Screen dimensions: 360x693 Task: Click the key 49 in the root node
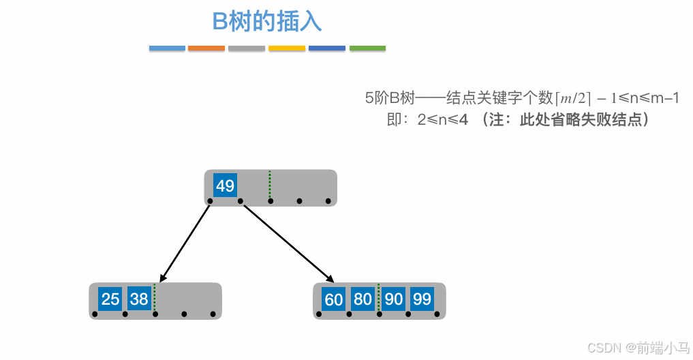click(x=225, y=185)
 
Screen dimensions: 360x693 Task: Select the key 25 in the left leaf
click(x=110, y=299)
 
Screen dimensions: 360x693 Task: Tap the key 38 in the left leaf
click(x=139, y=299)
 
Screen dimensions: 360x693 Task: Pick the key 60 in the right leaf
click(x=334, y=299)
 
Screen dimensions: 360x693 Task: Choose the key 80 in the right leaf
click(x=363, y=299)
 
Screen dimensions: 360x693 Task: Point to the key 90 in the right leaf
click(x=393, y=299)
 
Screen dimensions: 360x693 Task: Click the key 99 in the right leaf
click(x=422, y=299)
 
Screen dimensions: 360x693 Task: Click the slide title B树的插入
click(x=266, y=22)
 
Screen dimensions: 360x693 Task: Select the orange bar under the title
click(x=206, y=48)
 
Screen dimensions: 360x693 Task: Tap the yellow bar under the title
click(x=287, y=48)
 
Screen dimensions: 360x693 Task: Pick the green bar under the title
click(x=367, y=48)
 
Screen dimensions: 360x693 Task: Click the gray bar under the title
click(x=247, y=48)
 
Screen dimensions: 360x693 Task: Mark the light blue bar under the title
click(x=167, y=48)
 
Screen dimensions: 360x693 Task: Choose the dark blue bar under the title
click(x=327, y=48)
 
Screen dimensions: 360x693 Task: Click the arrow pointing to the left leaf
click(x=185, y=243)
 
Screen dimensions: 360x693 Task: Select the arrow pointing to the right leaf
click(x=289, y=243)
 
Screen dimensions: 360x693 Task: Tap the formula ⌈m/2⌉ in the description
click(x=573, y=98)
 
